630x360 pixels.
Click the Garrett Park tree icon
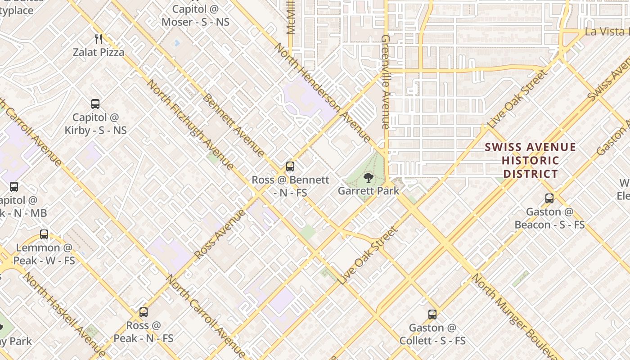coord(369,178)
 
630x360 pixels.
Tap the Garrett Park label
coord(369,191)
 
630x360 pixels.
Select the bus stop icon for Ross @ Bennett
coord(290,166)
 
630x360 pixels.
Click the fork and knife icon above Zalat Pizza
coord(99,39)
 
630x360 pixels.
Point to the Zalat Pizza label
coord(99,52)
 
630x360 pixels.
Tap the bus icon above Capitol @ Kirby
coord(95,104)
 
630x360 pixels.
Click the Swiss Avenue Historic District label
coord(531,161)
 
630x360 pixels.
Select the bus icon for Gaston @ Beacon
coord(549,198)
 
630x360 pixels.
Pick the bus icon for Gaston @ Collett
coord(432,314)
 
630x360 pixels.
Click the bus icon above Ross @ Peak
coord(144,312)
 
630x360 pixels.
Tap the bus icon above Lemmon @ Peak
coord(44,234)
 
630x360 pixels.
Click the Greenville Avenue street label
coord(385,82)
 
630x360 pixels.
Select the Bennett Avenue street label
coord(234,125)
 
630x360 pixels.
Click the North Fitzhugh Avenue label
coord(190,125)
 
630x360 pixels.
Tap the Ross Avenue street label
coord(220,234)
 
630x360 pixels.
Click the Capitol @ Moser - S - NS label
coord(195,15)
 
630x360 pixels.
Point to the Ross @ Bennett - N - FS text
coord(290,186)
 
